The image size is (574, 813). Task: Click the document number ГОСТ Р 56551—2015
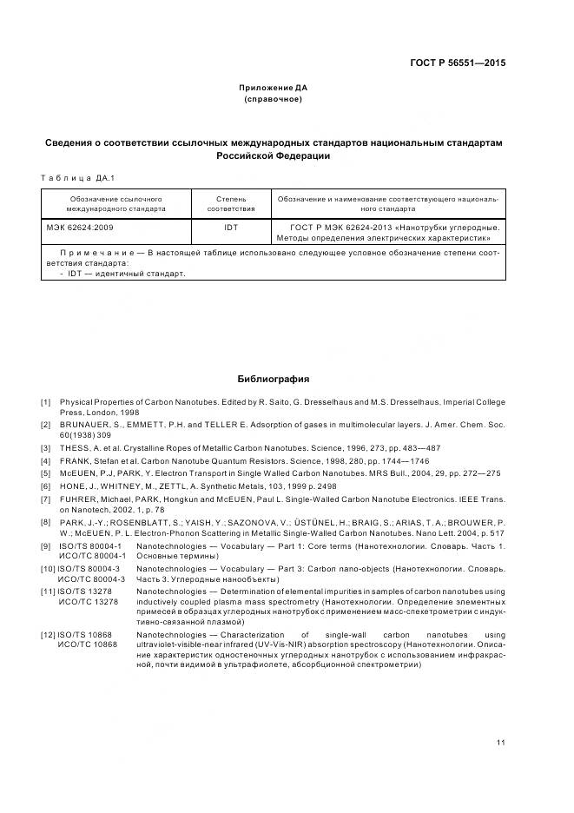pyautogui.click(x=459, y=63)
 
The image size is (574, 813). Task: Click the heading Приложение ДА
pyautogui.click(x=274, y=88)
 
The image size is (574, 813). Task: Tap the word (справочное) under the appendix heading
pyautogui.click(x=274, y=99)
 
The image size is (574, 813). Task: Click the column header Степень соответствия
pyautogui.click(x=230, y=203)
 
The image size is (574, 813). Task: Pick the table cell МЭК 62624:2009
pyautogui.click(x=79, y=227)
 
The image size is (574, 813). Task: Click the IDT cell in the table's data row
pyautogui.click(x=230, y=227)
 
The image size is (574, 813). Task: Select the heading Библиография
pyautogui.click(x=274, y=379)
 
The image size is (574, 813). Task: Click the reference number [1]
pyautogui.click(x=45, y=402)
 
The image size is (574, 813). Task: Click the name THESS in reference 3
pyautogui.click(x=75, y=447)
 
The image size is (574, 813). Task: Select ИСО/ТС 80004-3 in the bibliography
pyautogui.click(x=91, y=602)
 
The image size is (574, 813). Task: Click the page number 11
pyautogui.click(x=501, y=742)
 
